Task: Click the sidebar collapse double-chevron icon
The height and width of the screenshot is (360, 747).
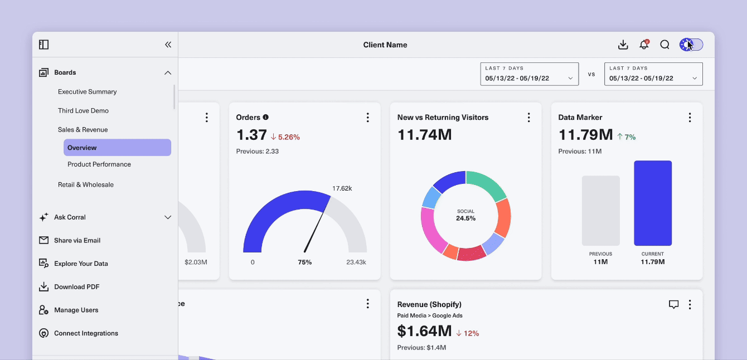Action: click(168, 45)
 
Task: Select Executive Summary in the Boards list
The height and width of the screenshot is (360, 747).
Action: click(88, 91)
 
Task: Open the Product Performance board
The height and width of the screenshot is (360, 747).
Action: click(99, 164)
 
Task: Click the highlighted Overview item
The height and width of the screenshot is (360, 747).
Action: click(118, 147)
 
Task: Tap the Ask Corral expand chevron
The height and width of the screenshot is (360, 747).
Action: click(168, 217)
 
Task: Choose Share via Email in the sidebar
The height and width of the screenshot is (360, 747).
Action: click(77, 240)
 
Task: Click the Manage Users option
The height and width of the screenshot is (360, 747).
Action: click(76, 310)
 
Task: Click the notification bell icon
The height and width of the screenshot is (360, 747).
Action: click(644, 45)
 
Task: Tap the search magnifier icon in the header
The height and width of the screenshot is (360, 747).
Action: click(664, 45)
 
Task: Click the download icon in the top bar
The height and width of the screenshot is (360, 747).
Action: click(623, 45)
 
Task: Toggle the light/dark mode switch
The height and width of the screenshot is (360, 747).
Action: click(691, 45)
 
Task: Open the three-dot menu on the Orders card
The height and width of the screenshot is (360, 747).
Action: click(367, 118)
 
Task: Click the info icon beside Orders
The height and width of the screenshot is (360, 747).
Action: click(265, 117)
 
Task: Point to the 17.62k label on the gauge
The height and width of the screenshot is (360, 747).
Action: click(342, 188)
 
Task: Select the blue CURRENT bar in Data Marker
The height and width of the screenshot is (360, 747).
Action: click(653, 203)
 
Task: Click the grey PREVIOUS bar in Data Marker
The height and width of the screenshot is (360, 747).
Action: click(600, 211)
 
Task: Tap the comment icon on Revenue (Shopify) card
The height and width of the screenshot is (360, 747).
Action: click(673, 304)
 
